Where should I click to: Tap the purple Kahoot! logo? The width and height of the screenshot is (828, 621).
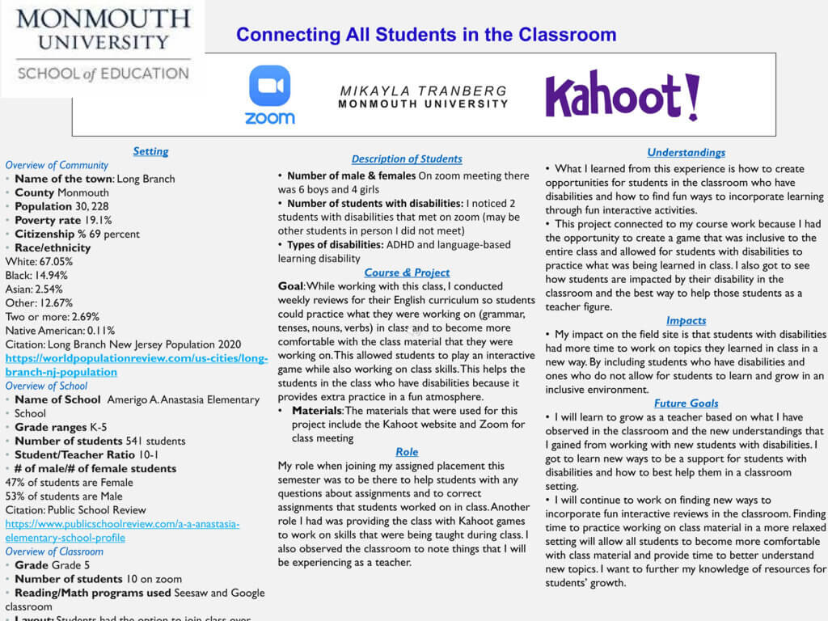tap(622, 95)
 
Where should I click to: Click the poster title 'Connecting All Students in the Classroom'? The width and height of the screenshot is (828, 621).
tap(426, 35)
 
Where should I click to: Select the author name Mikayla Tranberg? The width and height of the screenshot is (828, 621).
tap(423, 91)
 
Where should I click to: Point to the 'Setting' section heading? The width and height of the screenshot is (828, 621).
tap(150, 151)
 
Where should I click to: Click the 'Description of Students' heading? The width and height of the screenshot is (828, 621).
tap(407, 159)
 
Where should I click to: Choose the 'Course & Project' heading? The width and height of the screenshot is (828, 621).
tap(407, 272)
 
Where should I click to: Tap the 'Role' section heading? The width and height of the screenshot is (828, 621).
tap(407, 452)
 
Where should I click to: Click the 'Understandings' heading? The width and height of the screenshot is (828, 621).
tap(686, 152)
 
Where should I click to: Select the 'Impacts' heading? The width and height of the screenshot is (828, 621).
tap(686, 320)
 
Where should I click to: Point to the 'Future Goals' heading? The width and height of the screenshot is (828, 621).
tap(686, 403)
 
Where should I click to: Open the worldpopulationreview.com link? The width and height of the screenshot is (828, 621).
tap(136, 365)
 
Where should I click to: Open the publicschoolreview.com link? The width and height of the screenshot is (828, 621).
tap(122, 530)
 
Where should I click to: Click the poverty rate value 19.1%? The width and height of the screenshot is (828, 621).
tap(95, 220)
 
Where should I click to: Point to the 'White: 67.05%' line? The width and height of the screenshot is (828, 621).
tap(39, 261)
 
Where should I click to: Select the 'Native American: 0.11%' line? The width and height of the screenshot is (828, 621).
tap(60, 330)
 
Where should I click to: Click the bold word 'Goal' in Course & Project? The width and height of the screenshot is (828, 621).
tap(290, 287)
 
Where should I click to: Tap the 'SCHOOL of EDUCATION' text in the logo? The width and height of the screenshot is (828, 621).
tap(103, 74)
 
